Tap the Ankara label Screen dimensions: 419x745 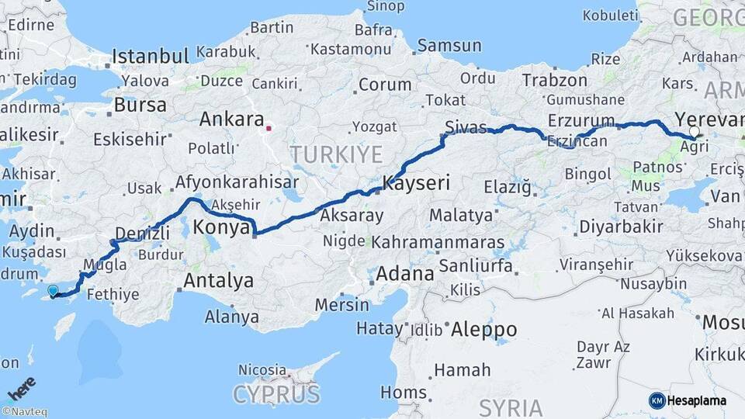pyautogui.click(x=231, y=119)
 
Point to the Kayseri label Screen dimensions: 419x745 pyautogui.click(x=416, y=184)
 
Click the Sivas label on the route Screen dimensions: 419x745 pyautogui.click(x=466, y=127)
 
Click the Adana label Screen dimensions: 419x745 pyautogui.click(x=405, y=274)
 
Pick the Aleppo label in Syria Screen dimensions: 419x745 pyautogui.click(x=483, y=329)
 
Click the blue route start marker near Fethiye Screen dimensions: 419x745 pyautogui.click(x=53, y=291)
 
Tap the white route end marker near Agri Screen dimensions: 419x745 pyautogui.click(x=694, y=131)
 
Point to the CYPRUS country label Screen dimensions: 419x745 pyautogui.click(x=276, y=394)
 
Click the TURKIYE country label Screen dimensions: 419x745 pyautogui.click(x=336, y=154)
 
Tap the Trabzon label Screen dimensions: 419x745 pyautogui.click(x=554, y=80)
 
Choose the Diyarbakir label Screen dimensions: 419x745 pyautogui.click(x=621, y=227)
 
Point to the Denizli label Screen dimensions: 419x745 pyautogui.click(x=142, y=233)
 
